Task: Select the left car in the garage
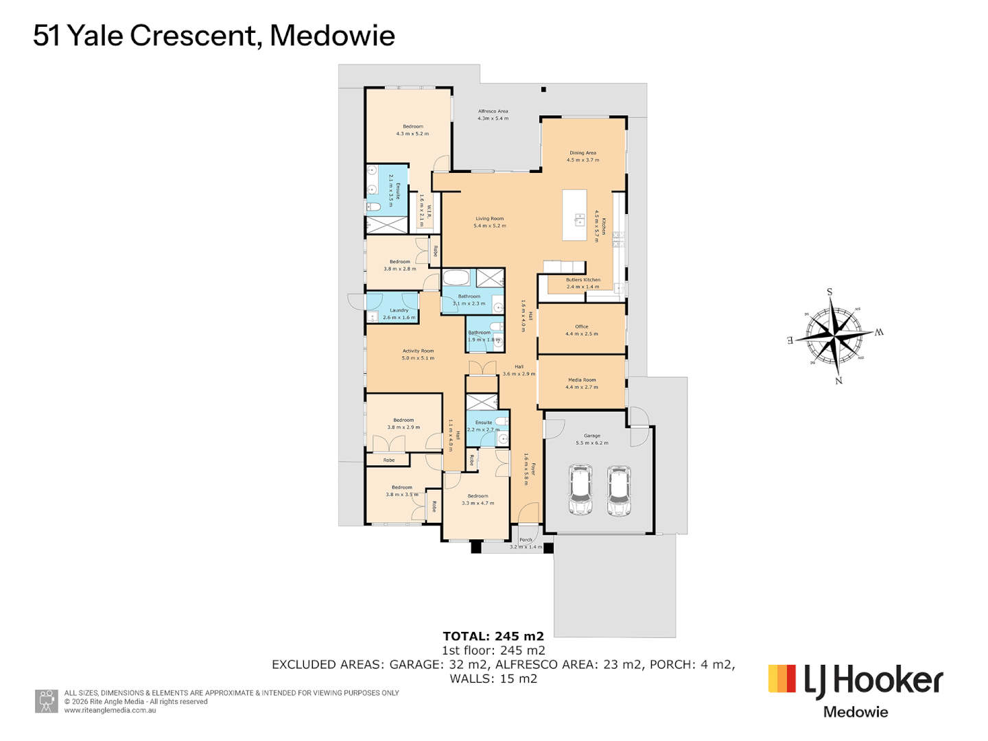click(x=580, y=490)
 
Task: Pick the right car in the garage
click(x=619, y=490)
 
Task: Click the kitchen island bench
click(x=574, y=215)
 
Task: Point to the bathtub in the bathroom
click(x=456, y=278)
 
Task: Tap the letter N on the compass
click(x=838, y=381)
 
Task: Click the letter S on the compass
click(x=830, y=292)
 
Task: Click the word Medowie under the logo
click(x=856, y=712)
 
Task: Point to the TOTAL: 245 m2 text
click(x=493, y=636)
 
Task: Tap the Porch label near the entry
click(x=526, y=540)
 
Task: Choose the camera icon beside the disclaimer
click(x=47, y=701)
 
